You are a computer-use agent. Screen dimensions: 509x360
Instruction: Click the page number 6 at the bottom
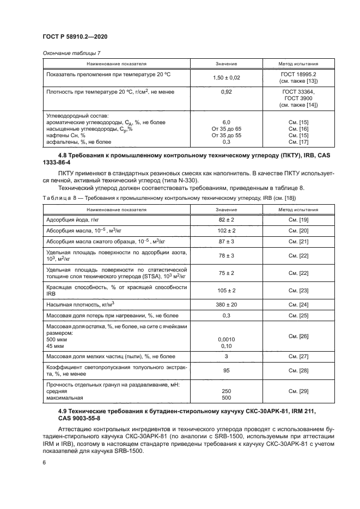click(44, 462)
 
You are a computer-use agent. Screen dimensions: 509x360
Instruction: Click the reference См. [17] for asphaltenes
click(298, 142)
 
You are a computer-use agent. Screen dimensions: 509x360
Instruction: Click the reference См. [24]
click(298, 304)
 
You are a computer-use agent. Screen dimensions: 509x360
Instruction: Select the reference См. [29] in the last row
click(298, 391)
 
